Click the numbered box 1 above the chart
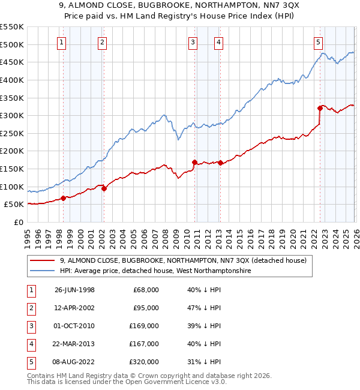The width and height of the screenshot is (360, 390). click(x=63, y=42)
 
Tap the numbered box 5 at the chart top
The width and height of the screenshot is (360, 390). click(x=319, y=42)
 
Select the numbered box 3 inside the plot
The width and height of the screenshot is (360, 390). click(x=193, y=42)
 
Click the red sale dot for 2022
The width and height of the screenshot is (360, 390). click(x=320, y=108)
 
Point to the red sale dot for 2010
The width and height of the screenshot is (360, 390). click(x=194, y=162)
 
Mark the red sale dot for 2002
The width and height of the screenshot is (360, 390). click(x=104, y=188)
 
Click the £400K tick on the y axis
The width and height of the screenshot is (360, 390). click(x=11, y=80)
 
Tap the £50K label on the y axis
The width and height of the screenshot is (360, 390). click(x=14, y=205)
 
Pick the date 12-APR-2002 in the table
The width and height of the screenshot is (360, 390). click(x=74, y=308)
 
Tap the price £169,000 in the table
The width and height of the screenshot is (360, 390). click(x=146, y=326)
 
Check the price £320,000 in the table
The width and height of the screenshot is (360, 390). click(x=146, y=362)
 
